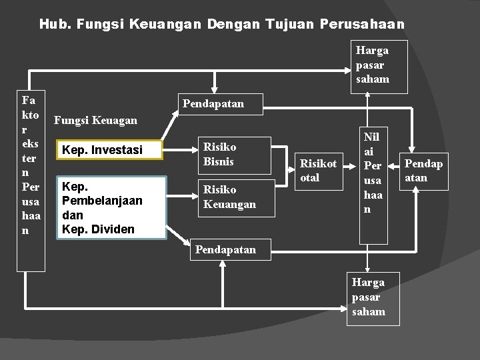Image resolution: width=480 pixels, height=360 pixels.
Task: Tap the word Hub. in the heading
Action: click(x=55, y=25)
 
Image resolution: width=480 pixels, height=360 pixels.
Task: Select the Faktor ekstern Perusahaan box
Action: click(x=31, y=180)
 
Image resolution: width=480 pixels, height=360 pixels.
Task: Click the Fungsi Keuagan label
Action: click(x=95, y=121)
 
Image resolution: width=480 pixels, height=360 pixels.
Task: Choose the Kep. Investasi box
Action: click(x=111, y=151)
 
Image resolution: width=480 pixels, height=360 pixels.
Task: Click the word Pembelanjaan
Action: click(x=101, y=201)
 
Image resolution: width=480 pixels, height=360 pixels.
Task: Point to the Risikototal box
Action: click(x=318, y=170)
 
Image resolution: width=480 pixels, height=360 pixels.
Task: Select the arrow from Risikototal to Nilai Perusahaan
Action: click(x=349, y=171)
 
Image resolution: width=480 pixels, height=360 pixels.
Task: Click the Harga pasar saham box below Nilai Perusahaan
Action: click(x=373, y=297)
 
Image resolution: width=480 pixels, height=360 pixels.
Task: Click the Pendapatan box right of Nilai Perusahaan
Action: click(x=423, y=171)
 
